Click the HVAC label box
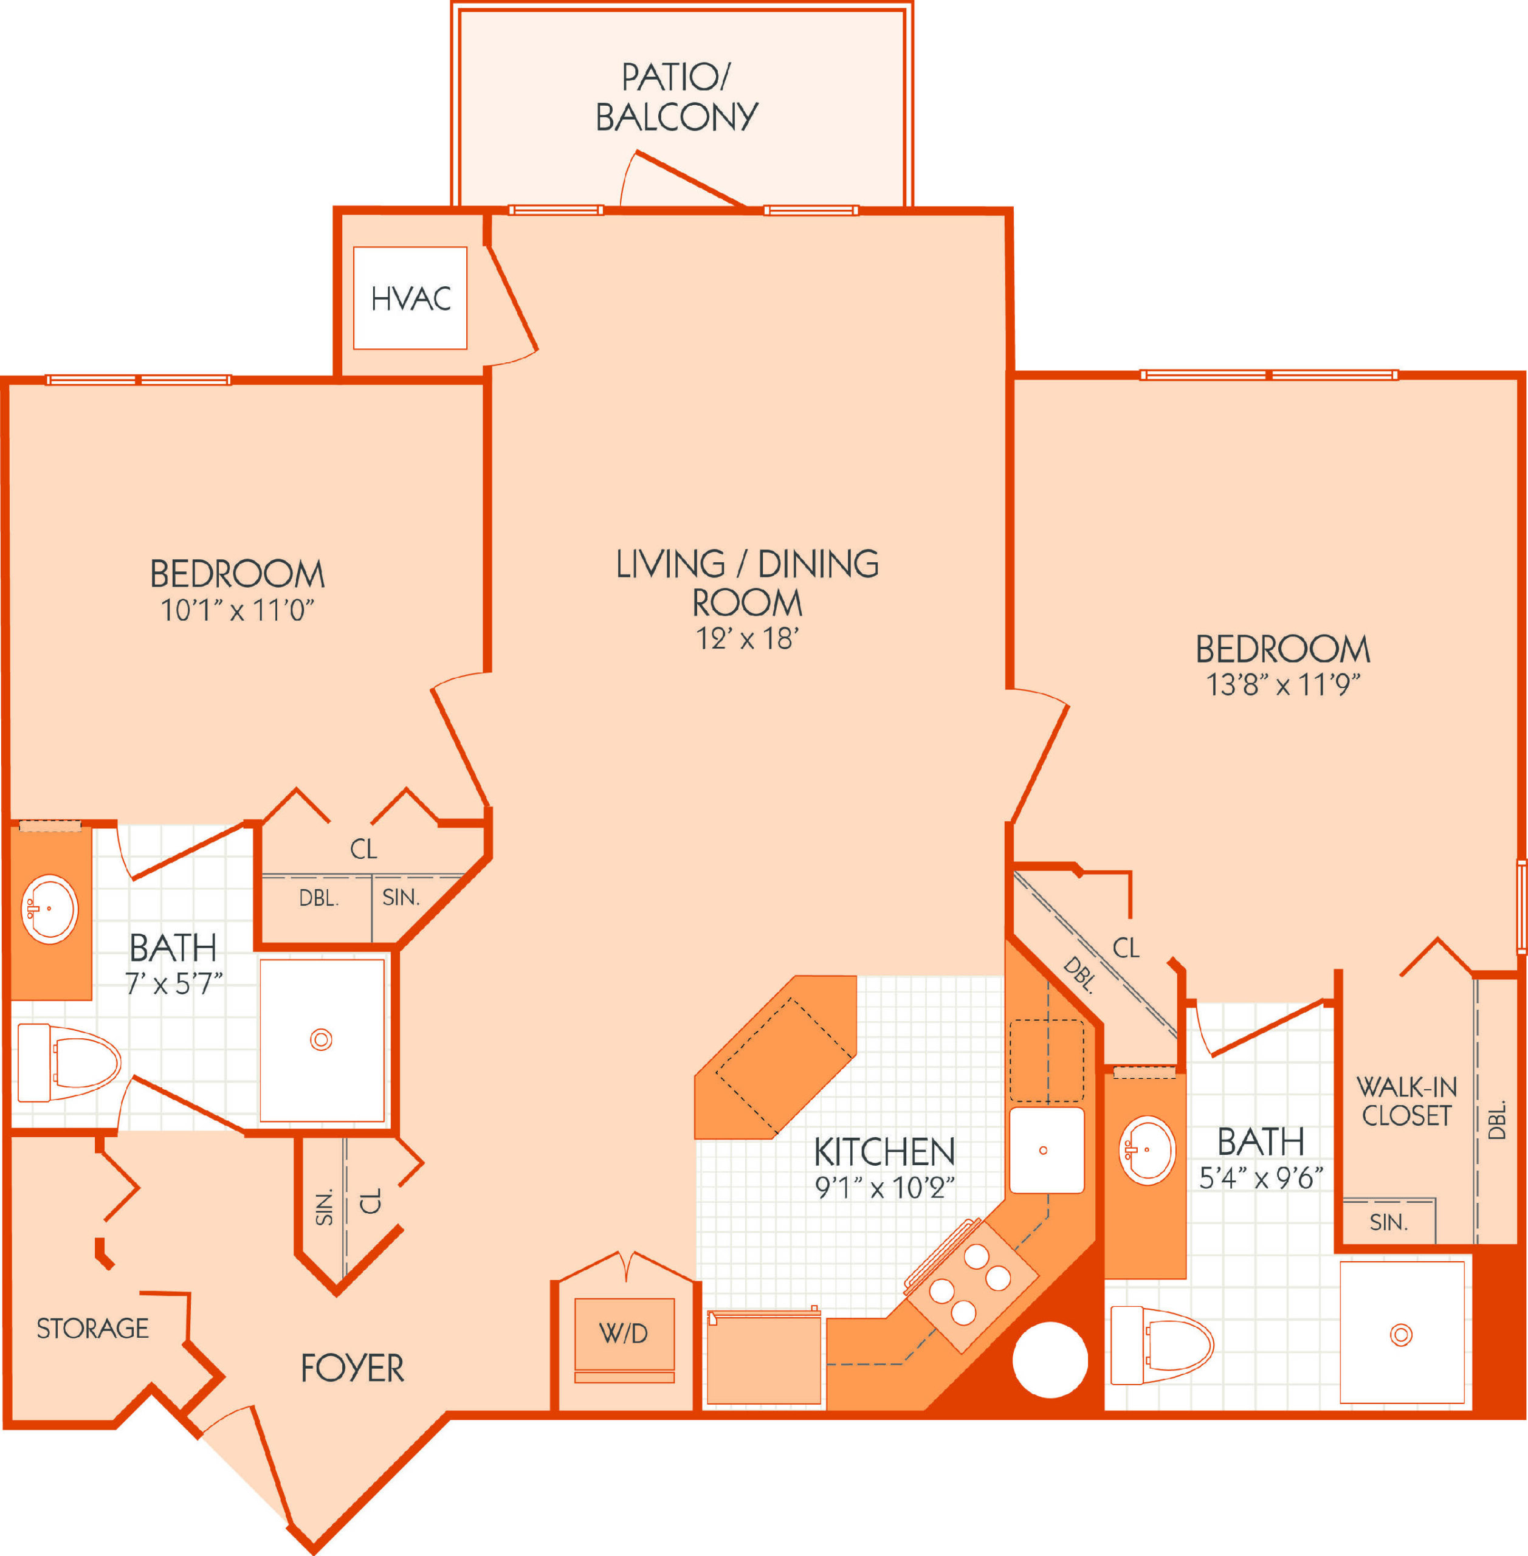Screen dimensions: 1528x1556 click(x=410, y=298)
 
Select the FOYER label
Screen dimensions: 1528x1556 click(x=353, y=1368)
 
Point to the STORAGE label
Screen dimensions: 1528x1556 click(x=93, y=1328)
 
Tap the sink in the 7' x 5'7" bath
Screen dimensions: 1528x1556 click(x=50, y=909)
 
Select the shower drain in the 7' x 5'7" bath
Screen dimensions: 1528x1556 click(x=321, y=1040)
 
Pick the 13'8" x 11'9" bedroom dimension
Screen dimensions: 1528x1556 click(x=1283, y=684)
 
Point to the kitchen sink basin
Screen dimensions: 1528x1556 click(x=1047, y=1150)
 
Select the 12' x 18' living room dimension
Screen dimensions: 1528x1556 click(x=747, y=639)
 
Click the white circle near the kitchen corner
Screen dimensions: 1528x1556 click(x=1050, y=1360)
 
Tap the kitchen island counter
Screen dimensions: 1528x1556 click(x=775, y=1057)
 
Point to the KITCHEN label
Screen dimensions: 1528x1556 click(x=884, y=1152)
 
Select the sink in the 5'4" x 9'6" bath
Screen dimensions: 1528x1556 click(x=1148, y=1150)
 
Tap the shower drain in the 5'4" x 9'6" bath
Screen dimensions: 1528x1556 click(x=1401, y=1335)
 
